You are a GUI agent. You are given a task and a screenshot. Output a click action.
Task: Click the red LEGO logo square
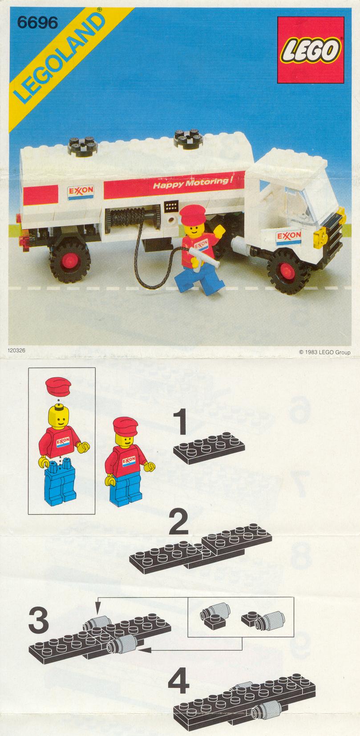[311, 50]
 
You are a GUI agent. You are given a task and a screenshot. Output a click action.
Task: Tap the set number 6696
[37, 23]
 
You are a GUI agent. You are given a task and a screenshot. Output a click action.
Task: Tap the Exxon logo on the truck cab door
[289, 237]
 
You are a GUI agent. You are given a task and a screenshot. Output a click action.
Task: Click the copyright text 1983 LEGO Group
[324, 352]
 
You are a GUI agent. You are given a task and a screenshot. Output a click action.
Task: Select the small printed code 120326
[16, 350]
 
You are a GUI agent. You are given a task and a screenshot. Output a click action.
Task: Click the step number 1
[180, 422]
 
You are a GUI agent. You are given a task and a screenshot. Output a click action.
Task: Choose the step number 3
[39, 620]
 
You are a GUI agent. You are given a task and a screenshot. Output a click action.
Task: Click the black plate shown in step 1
[209, 448]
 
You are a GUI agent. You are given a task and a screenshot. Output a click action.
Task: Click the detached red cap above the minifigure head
[58, 386]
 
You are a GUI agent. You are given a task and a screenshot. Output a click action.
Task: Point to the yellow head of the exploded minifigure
[58, 418]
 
